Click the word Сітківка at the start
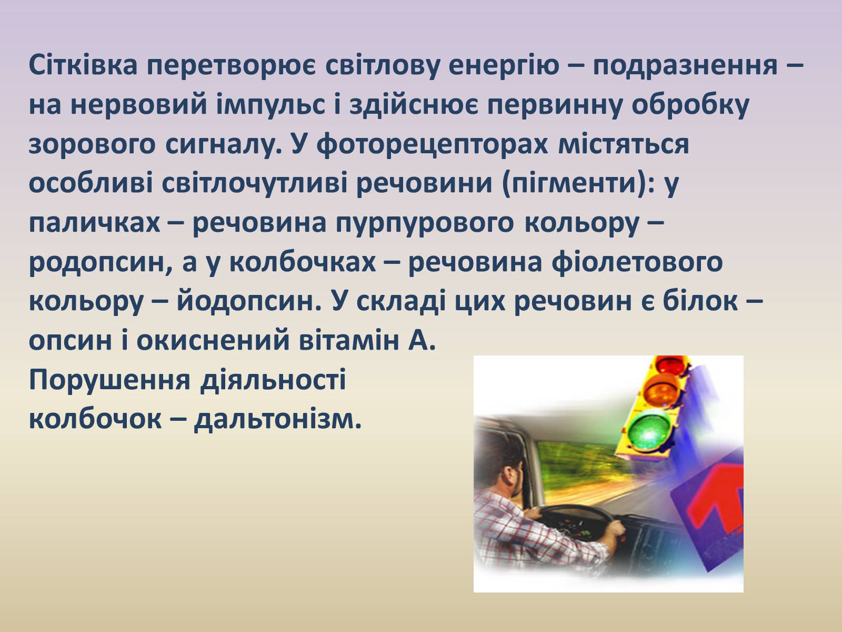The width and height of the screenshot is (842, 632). pyautogui.click(x=83, y=65)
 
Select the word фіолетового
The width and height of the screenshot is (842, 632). pyautogui.click(x=637, y=262)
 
